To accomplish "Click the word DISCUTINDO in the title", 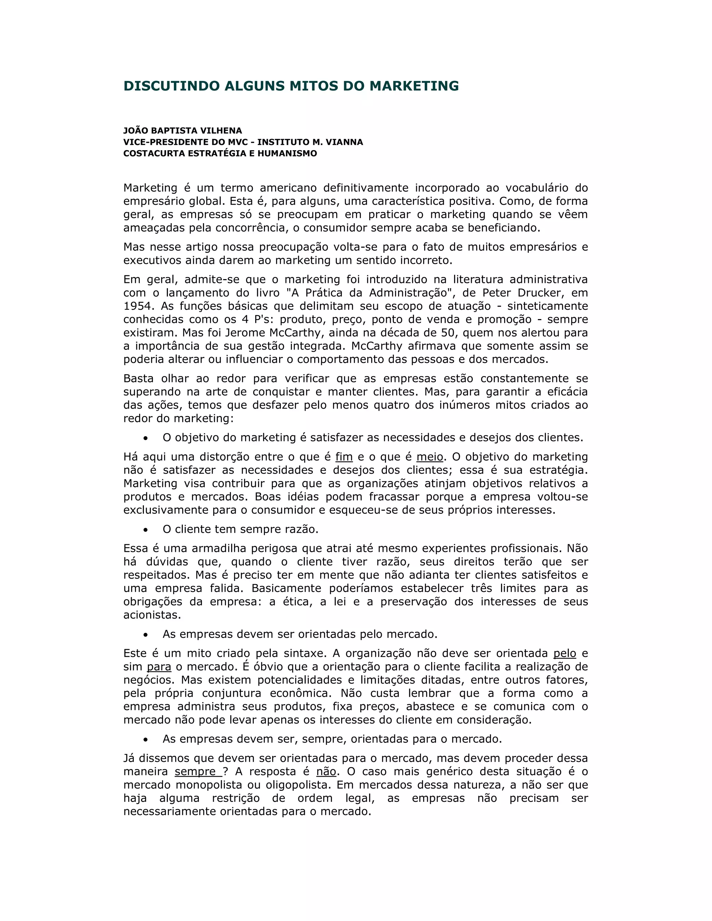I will point(172,86).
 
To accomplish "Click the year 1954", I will point(137,306).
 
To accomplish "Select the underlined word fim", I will point(344,457).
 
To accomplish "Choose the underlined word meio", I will point(429,457).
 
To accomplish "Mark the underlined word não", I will point(326,771).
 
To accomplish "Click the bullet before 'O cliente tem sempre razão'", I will point(146,530).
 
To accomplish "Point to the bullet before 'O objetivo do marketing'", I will point(146,438).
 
